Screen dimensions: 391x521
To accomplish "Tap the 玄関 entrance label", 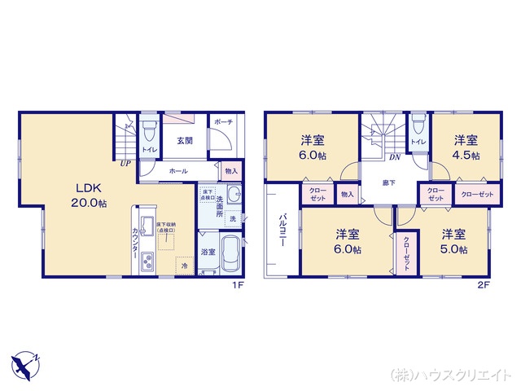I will pos(184,140).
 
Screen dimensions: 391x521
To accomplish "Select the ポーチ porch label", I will pos(224,122).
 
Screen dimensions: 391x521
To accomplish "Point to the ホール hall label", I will pos(178,172).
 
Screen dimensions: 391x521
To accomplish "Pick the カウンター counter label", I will pos(135,242).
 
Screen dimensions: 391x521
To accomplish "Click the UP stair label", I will pos(125,163).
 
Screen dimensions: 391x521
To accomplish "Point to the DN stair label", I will pos(394,157).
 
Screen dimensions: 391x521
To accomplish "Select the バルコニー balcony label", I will pos(281,231).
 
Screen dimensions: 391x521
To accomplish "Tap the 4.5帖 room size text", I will pos(466,155).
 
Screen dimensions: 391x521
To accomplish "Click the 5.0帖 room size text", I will pos(455,250).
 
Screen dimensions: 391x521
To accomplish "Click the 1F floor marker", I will pos(237,285).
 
